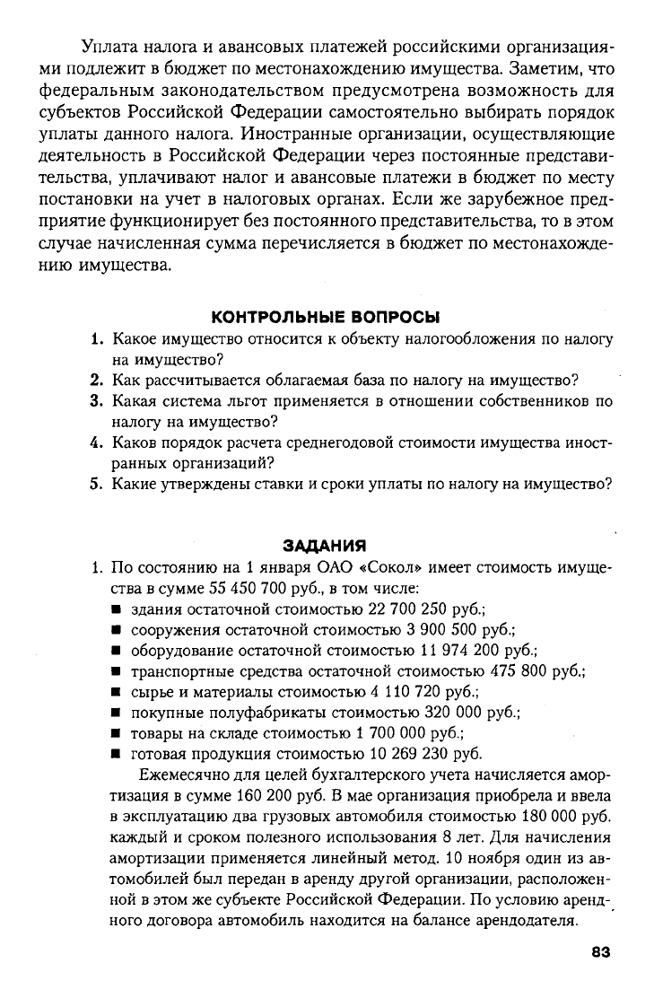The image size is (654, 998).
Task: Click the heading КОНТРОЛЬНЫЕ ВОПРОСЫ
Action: [x=326, y=317]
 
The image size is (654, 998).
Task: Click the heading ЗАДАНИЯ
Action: [x=326, y=545]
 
